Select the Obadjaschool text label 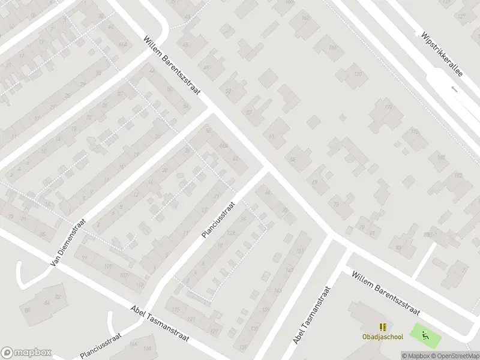[382, 337]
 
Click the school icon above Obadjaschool [383, 327]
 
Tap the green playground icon [425, 334]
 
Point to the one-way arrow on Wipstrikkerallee [454, 89]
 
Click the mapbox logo [26, 352]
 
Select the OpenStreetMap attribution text [454, 355]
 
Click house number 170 [358, 74]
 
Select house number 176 [414, 131]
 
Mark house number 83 [397, 247]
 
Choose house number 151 [299, 251]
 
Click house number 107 [123, 275]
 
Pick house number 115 [175, 309]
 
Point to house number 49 [206, 67]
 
